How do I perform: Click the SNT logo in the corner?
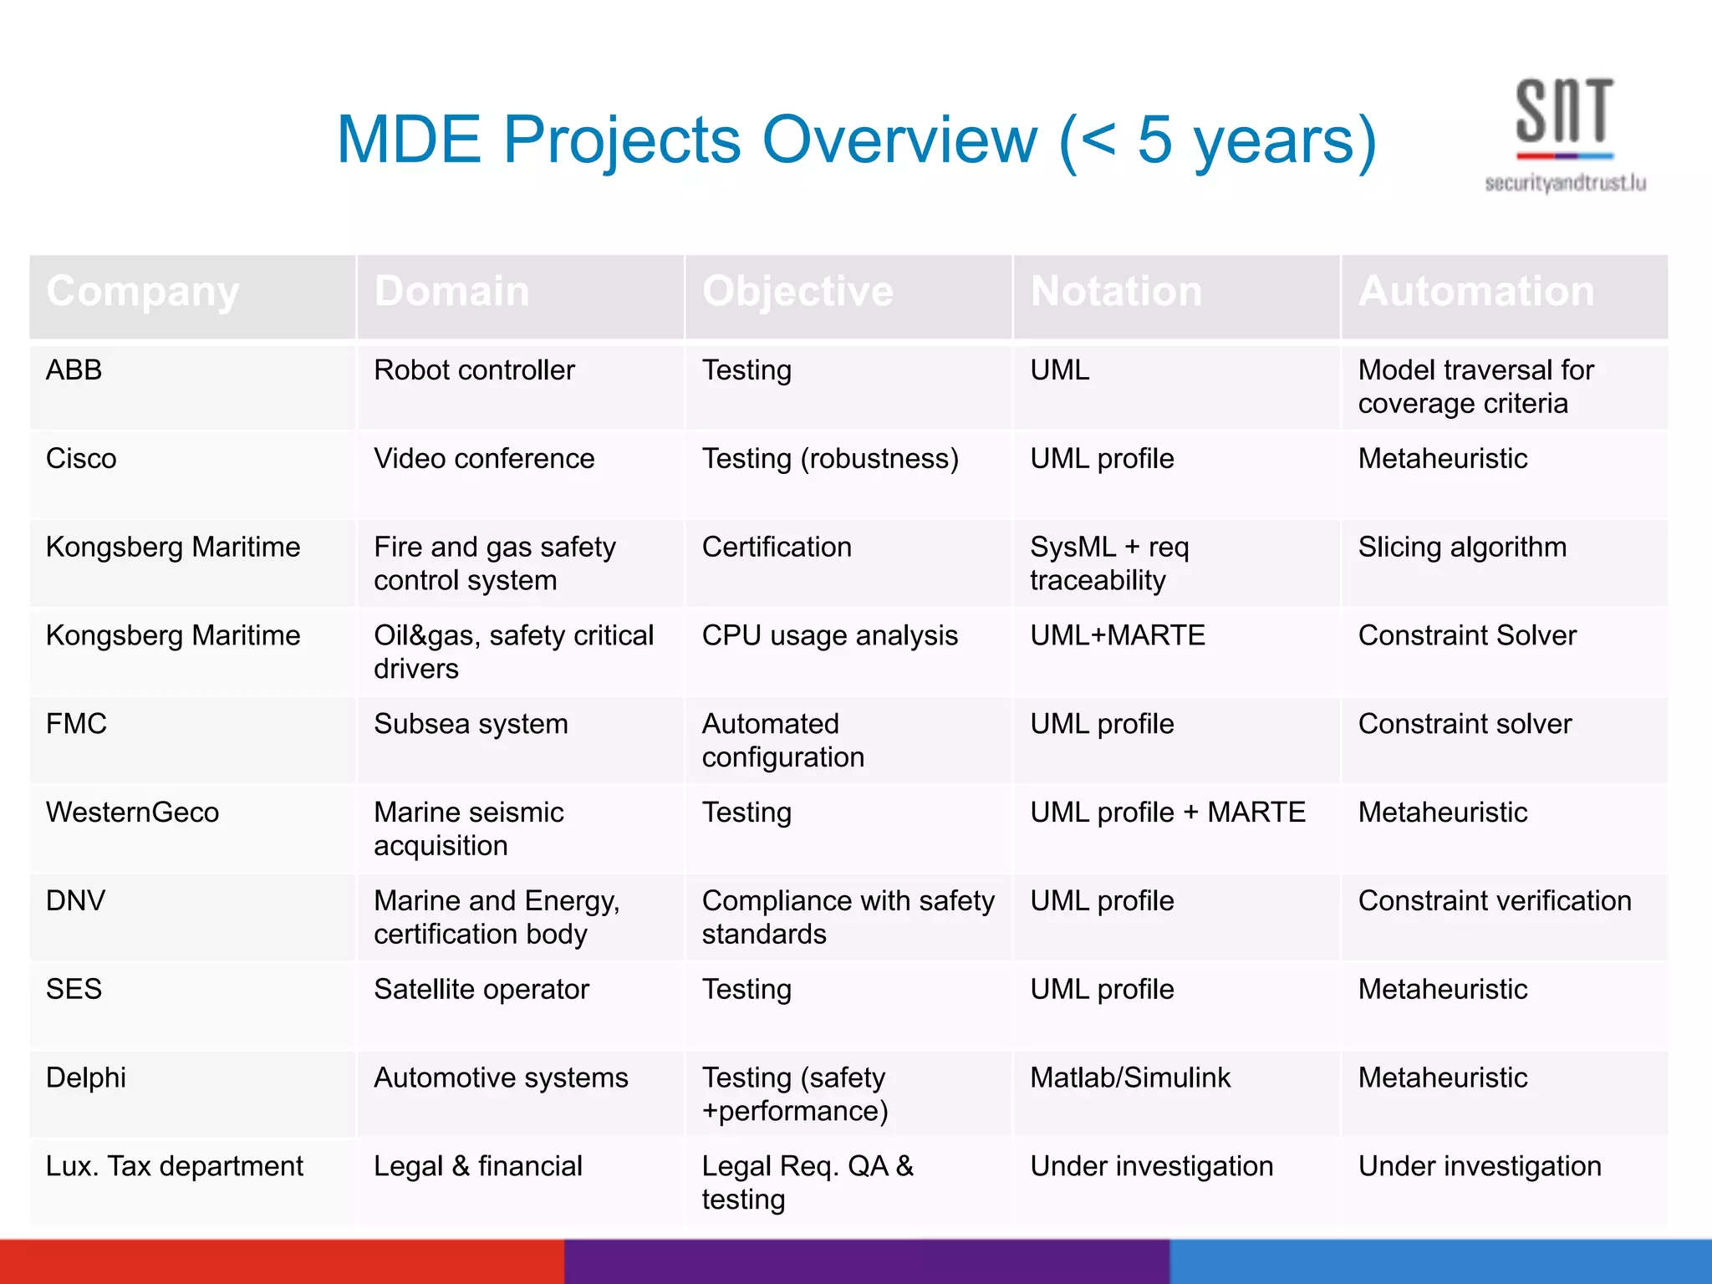pos(1564,117)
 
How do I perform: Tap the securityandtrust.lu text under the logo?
pos(1565,183)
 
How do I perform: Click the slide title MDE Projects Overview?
pos(856,140)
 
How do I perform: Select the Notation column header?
pos(1116,292)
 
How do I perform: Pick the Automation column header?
pos(1476,292)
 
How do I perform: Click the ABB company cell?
pos(74,370)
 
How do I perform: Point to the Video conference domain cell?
pos(484,459)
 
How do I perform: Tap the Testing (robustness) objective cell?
pos(830,459)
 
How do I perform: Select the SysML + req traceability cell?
pos(1109,563)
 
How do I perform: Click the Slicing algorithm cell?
pos(1462,548)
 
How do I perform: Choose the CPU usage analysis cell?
pos(829,636)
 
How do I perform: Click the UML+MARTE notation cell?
pos(1117,636)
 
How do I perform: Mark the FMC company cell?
pos(77,724)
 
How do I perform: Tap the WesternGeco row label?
pos(132,813)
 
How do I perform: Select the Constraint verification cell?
pos(1495,901)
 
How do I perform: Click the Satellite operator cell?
pos(481,990)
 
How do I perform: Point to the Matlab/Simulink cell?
pos(1130,1078)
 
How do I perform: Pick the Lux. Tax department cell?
pos(175,1166)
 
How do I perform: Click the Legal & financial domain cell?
pos(478,1166)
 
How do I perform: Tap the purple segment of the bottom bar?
pos(866,1262)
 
